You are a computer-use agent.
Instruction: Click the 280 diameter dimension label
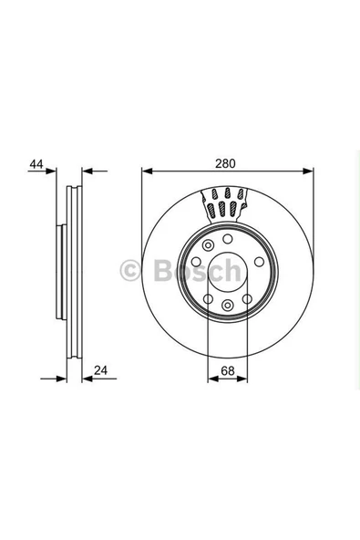pos(225,164)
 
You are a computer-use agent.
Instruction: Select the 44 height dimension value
pos(36,164)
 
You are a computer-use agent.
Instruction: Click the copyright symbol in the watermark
pos(130,270)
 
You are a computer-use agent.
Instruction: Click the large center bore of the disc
pos(225,270)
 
